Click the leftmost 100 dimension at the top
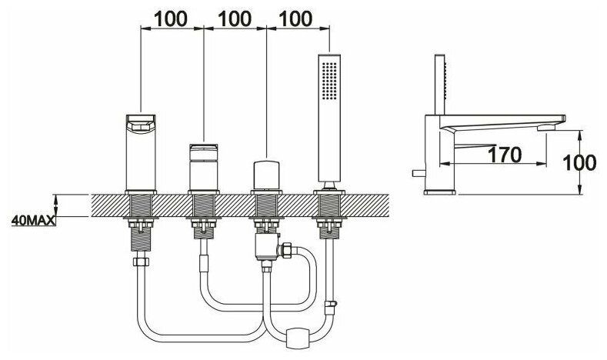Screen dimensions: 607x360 [172, 17]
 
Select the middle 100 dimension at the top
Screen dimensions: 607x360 [235, 17]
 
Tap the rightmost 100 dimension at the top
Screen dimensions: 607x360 [298, 17]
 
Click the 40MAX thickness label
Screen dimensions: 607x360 [33, 222]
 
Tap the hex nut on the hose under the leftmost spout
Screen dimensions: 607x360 [140, 263]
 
